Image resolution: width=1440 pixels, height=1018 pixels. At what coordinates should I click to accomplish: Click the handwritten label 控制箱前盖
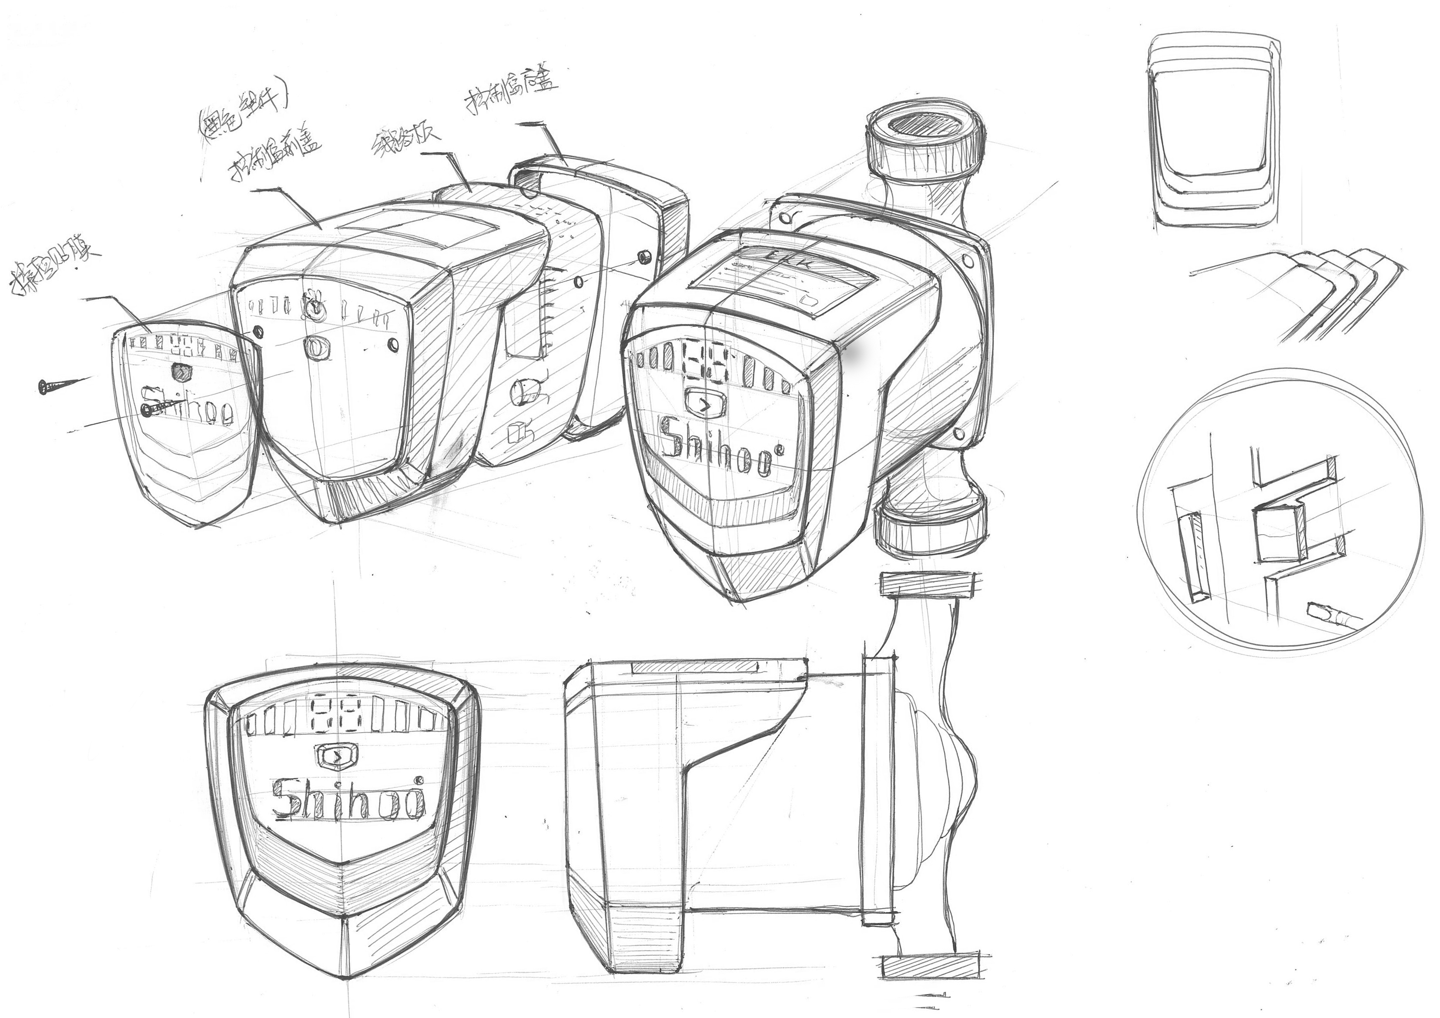coord(276,154)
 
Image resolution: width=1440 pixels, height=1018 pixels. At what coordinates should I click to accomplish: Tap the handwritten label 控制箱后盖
coord(511,92)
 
